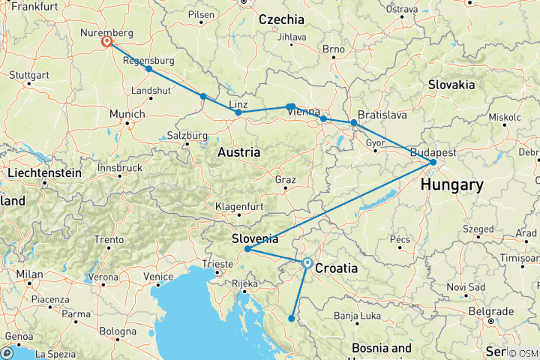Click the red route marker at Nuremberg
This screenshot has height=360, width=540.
pyautogui.click(x=107, y=42)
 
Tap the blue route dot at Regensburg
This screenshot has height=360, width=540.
pyautogui.click(x=148, y=69)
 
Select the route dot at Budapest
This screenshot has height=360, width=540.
pyautogui.click(x=433, y=162)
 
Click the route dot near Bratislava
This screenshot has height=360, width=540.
pyautogui.click(x=354, y=122)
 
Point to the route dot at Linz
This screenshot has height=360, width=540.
pyautogui.click(x=238, y=112)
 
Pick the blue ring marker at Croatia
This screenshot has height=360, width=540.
pyautogui.click(x=307, y=263)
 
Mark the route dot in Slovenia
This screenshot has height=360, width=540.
pyautogui.click(x=247, y=249)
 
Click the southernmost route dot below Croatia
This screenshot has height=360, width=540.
pyautogui.click(x=291, y=319)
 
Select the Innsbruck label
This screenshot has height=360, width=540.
pyautogui.click(x=118, y=168)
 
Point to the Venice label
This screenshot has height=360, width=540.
pyautogui.click(x=160, y=277)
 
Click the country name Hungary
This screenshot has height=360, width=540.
pyautogui.click(x=451, y=184)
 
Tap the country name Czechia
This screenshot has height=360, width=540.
pyautogui.click(x=281, y=19)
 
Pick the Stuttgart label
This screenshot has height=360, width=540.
pyautogui.click(x=30, y=75)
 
